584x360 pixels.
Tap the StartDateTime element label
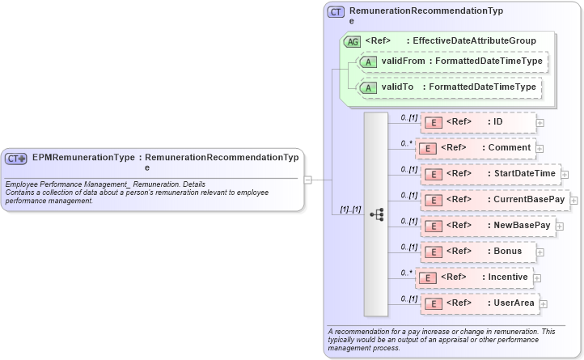click(522, 173)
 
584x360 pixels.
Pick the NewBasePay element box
click(489, 225)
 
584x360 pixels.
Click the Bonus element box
click(478, 251)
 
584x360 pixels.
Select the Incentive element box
click(475, 277)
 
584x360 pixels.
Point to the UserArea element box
click(480, 303)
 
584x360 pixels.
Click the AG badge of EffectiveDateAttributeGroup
click(352, 41)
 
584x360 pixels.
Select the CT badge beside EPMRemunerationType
click(16, 159)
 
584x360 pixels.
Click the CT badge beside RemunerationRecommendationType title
click(336, 12)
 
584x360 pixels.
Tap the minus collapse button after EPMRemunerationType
click(307, 180)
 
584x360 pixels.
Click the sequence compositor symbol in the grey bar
click(376, 214)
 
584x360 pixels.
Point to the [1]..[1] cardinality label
click(350, 210)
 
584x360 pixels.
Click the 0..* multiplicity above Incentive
click(407, 273)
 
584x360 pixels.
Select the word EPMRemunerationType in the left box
click(83, 158)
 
